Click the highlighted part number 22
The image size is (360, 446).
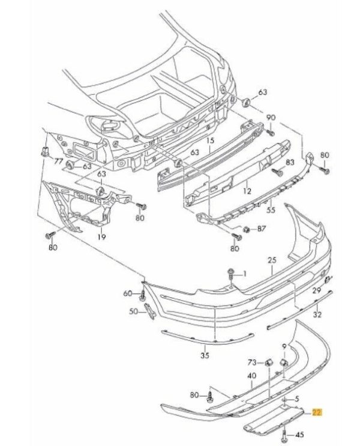click(317, 412)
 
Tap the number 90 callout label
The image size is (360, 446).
click(271, 117)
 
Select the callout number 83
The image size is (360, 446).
click(290, 163)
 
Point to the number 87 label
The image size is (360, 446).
click(261, 229)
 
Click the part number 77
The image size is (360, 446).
click(58, 162)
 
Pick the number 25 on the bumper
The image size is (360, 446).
click(272, 261)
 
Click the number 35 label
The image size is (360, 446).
click(205, 356)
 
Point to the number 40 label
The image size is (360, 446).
click(252, 376)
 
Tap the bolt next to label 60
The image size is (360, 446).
click(142, 295)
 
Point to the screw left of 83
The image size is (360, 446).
click(277, 172)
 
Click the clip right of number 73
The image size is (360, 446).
click(268, 363)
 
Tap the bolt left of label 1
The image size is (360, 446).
click(231, 275)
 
